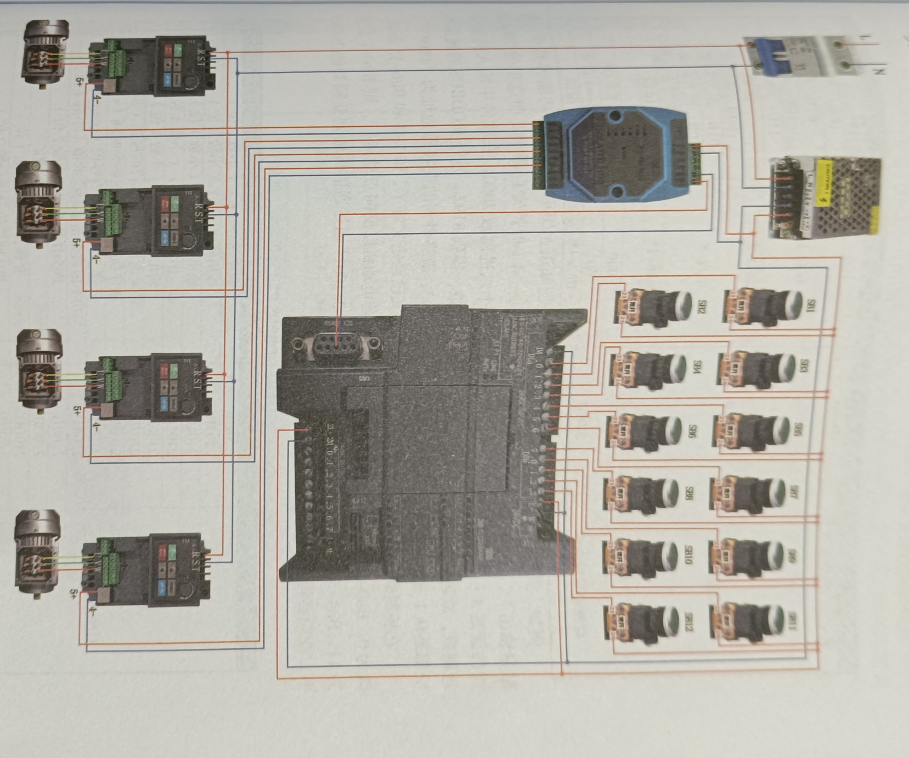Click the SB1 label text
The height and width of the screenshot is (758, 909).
[x=808, y=306]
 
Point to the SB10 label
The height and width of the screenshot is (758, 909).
[x=688, y=555]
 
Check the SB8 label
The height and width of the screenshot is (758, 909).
[x=688, y=493]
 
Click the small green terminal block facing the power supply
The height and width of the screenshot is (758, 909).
[x=696, y=163]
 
